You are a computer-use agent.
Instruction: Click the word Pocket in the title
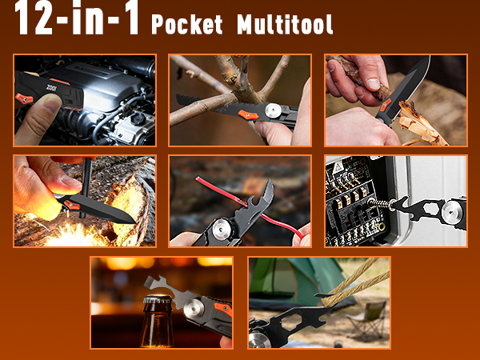click(187, 25)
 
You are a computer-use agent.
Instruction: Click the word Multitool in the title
click(285, 25)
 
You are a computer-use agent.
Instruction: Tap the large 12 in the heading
click(34, 18)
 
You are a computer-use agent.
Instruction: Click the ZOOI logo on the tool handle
click(51, 88)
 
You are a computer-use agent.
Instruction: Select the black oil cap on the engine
click(138, 118)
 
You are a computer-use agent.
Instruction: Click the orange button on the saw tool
click(248, 115)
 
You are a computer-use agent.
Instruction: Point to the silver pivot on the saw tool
click(273, 110)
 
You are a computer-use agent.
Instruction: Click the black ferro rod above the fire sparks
click(86, 187)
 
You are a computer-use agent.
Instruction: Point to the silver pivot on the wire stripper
click(221, 229)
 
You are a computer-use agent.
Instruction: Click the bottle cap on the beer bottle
click(158, 298)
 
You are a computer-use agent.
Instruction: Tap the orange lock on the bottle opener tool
click(223, 309)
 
